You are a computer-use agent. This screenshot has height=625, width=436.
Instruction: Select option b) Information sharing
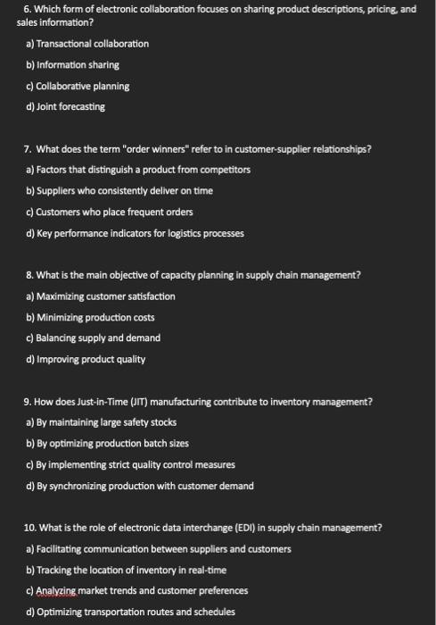click(x=72, y=65)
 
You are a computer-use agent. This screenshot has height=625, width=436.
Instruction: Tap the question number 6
click(x=28, y=9)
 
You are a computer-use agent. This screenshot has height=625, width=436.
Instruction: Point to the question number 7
click(x=29, y=149)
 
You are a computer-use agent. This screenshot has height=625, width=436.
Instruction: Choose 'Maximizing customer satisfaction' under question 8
click(x=101, y=296)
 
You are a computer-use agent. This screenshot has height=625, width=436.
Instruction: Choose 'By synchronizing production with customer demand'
click(x=139, y=486)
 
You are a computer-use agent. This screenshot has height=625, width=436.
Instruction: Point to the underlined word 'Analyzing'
click(x=55, y=591)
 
